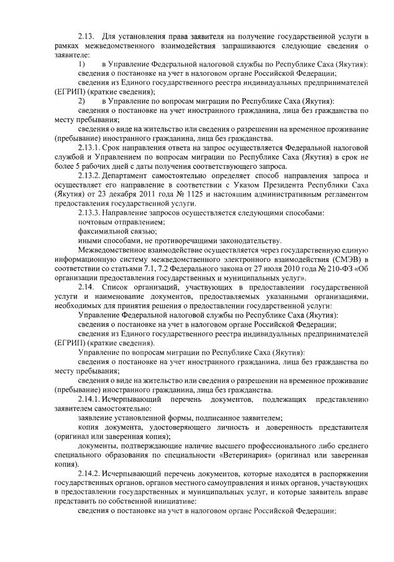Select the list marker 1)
point(81,65)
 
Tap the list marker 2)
point(81,101)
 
